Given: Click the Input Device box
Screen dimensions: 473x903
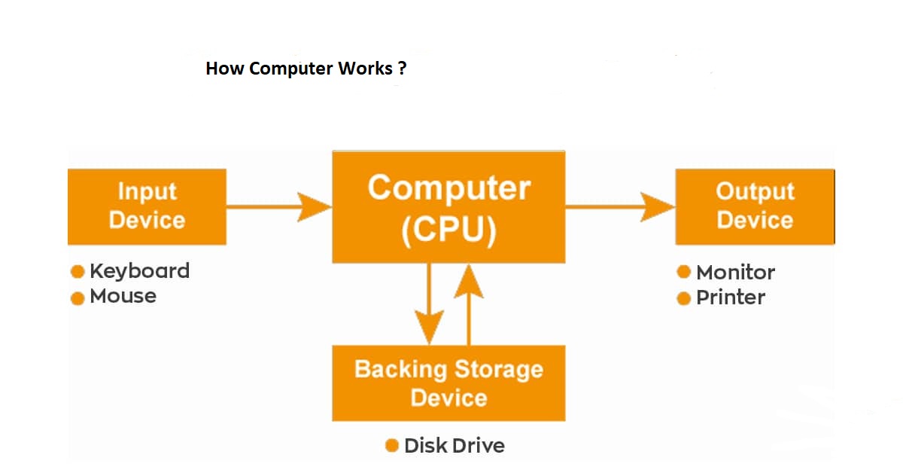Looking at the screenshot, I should tap(147, 206).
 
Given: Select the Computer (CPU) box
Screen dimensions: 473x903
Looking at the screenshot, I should tap(448, 207).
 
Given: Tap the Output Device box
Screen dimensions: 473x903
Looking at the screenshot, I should tap(755, 206).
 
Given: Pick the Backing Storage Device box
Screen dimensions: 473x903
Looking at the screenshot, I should tap(448, 383).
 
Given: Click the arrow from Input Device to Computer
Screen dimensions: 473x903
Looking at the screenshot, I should tap(278, 206).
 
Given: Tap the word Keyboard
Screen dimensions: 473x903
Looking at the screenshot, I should tap(139, 271).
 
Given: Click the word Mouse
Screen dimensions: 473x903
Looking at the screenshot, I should tap(123, 296).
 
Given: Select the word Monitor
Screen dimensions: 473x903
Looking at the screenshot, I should tap(735, 272).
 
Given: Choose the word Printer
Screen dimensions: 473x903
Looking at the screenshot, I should tap(730, 298).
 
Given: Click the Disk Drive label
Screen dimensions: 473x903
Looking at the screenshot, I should tap(454, 445).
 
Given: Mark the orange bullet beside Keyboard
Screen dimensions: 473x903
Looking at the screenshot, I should tap(77, 272).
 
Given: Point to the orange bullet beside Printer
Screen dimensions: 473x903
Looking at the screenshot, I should tap(683, 298).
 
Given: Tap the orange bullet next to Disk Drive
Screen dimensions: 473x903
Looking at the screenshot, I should tap(391, 445).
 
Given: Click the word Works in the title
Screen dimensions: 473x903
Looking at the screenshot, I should tap(364, 69).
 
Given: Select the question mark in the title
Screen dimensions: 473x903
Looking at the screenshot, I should tap(403, 69).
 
